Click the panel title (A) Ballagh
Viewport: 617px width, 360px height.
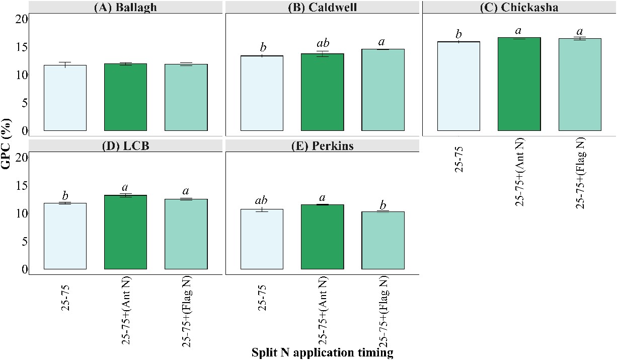[x=125, y=7]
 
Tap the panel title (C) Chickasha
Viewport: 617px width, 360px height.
[x=519, y=7]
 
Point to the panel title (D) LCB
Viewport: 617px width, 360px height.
[x=125, y=146]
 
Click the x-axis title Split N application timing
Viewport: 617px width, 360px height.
[x=322, y=352]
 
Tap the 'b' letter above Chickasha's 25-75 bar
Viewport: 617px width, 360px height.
[x=458, y=34]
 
